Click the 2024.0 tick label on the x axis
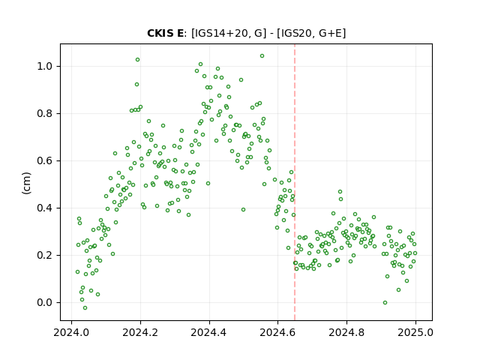[72, 332]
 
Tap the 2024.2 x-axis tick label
[140, 332]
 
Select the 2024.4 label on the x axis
[209, 332]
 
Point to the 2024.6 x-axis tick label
[277, 332]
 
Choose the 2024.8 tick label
[346, 332]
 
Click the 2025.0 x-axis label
[415, 332]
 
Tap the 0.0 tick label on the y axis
[45, 303]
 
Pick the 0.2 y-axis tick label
[45, 255]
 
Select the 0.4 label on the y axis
[45, 208]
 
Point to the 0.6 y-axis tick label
[45, 161]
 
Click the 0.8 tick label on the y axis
[45, 113]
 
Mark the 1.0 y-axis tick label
[45, 67]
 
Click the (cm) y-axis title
[26, 183]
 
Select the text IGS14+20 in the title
[220, 33]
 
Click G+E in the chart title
[330, 33]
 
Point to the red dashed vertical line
[295, 182]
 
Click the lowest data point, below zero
[85, 308]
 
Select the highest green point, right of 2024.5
[262, 56]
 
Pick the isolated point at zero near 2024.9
[385, 303]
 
